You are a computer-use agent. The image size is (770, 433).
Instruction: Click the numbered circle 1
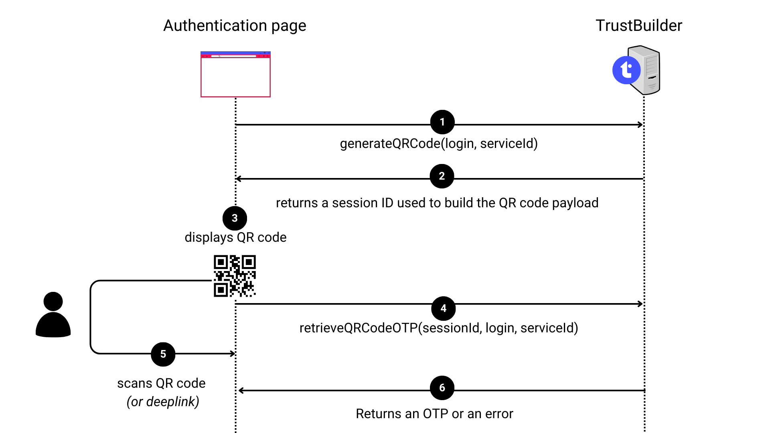442,122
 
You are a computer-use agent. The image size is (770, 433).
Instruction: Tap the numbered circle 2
442,176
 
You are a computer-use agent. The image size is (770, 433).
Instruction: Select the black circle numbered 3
235,218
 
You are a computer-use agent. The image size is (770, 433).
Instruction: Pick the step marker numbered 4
443,308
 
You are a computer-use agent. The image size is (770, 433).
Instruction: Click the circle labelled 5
163,354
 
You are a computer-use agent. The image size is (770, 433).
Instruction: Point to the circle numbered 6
442,388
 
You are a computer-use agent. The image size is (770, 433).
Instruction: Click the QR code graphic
235,276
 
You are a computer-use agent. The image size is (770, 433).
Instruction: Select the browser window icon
235,74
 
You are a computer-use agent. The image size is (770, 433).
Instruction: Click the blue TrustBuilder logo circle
626,71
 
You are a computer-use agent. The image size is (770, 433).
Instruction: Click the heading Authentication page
235,26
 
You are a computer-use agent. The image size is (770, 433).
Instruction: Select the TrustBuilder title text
638,26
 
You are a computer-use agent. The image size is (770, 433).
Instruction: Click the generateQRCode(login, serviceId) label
439,144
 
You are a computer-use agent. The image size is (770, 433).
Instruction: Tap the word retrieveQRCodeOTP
359,328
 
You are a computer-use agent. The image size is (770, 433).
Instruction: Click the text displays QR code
235,237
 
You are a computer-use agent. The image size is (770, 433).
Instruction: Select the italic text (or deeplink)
163,401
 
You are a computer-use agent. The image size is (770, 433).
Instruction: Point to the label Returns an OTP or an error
434,414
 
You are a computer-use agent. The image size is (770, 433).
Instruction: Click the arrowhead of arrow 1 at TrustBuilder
640,125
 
